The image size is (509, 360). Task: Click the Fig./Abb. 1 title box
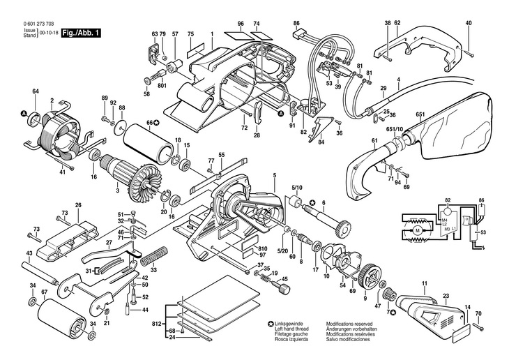coord(82,33)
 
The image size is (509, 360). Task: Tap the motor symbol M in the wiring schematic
coord(418,230)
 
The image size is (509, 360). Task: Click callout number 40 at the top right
coord(469,24)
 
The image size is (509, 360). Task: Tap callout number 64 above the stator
coord(35,91)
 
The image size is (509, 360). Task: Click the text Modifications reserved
coord(351,324)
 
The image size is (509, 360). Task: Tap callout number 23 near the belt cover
coord(446,295)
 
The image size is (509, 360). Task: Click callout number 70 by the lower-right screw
coord(478,314)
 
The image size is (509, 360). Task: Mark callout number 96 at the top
coord(240,24)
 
